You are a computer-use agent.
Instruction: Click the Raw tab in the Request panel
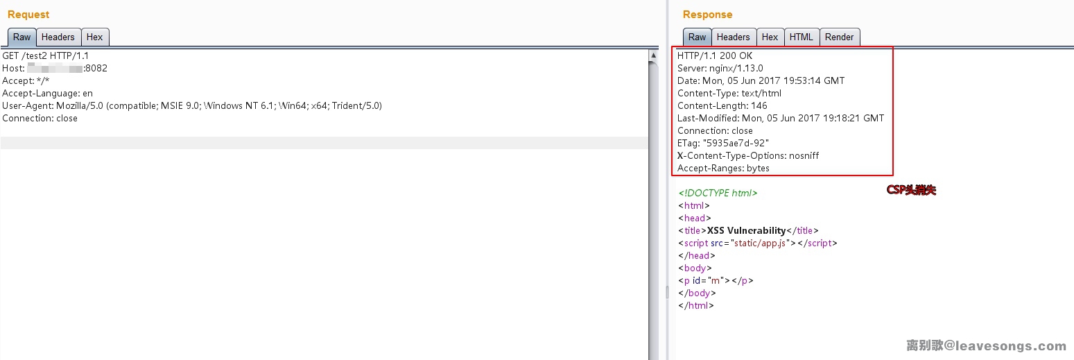(x=22, y=37)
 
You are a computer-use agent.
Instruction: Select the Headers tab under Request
(x=58, y=37)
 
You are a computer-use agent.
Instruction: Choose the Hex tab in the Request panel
(x=94, y=37)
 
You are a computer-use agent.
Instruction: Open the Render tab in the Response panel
(x=839, y=37)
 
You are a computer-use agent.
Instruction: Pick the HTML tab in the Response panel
(x=802, y=37)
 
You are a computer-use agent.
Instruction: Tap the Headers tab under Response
(x=733, y=37)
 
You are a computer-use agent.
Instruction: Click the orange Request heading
(x=28, y=15)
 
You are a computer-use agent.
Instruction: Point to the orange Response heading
(x=708, y=15)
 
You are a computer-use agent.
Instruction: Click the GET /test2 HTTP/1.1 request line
(x=46, y=55)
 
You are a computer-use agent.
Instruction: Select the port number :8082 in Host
(x=96, y=68)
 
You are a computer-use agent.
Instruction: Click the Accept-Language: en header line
(x=47, y=93)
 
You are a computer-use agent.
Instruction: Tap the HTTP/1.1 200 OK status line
(x=715, y=55)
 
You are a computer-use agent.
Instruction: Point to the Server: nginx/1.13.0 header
(x=720, y=68)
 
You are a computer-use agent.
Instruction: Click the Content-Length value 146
(x=759, y=105)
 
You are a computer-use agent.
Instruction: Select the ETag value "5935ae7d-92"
(x=736, y=143)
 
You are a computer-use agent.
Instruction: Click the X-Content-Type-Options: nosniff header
(x=748, y=155)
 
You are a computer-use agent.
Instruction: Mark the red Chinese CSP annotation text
(x=911, y=190)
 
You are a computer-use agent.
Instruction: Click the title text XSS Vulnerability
(x=747, y=230)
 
